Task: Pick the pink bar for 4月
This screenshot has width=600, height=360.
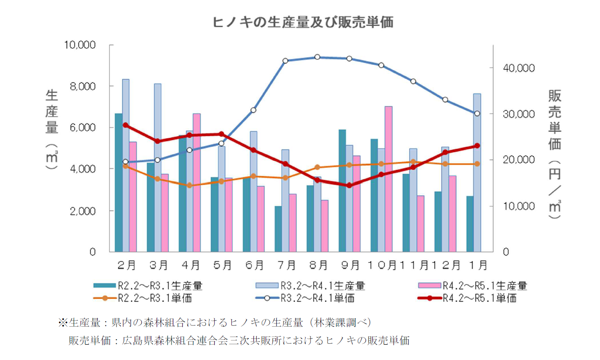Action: [197, 182]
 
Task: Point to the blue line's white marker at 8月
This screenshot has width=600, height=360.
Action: [317, 57]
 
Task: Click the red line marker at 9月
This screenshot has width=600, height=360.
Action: [349, 185]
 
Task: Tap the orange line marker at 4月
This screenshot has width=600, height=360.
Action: [189, 185]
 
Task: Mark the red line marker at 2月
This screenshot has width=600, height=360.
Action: [126, 125]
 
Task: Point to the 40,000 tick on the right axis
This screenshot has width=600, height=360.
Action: [519, 68]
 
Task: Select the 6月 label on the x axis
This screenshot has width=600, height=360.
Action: [253, 265]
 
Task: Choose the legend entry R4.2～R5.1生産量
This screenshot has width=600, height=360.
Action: [473, 286]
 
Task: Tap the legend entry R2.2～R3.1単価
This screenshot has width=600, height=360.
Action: [144, 298]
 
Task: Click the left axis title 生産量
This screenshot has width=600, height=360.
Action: [52, 112]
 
